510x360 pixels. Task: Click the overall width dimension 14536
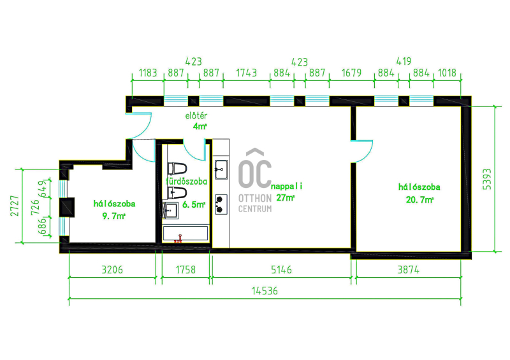click(x=265, y=291)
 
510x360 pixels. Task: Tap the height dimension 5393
click(x=487, y=179)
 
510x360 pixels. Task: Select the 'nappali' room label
click(x=286, y=186)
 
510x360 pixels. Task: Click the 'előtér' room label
click(x=196, y=115)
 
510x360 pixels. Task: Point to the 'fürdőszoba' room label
click(x=186, y=181)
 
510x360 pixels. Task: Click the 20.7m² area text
click(x=419, y=199)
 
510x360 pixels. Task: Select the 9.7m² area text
click(x=114, y=216)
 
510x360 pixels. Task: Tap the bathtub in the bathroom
click(x=186, y=233)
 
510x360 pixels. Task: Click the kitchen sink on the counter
click(x=221, y=169)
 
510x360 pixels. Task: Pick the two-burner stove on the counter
click(x=221, y=205)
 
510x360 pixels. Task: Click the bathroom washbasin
click(x=170, y=210)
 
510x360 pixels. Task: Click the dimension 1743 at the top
click(x=246, y=73)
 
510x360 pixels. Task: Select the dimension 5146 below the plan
click(x=281, y=270)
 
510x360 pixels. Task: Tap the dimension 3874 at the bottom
click(x=409, y=270)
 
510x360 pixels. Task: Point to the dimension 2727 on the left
click(x=15, y=206)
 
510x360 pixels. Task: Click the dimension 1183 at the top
click(x=148, y=73)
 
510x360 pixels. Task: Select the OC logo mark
click(x=254, y=169)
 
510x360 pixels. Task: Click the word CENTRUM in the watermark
click(x=255, y=209)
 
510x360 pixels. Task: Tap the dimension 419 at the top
click(x=404, y=61)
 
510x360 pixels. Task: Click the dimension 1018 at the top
click(x=448, y=73)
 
